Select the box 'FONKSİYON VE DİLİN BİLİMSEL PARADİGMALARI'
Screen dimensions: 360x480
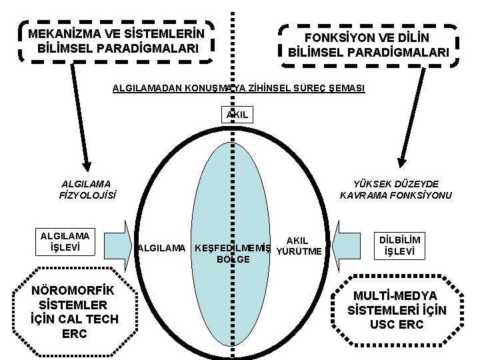369,45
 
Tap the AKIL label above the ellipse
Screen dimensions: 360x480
237,115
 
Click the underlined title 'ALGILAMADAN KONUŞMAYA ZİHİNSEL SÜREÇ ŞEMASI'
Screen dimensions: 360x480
239,88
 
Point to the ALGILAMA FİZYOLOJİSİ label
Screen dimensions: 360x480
87,189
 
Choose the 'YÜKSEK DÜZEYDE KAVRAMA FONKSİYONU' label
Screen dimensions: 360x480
395,189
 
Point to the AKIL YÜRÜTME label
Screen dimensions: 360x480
298,245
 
